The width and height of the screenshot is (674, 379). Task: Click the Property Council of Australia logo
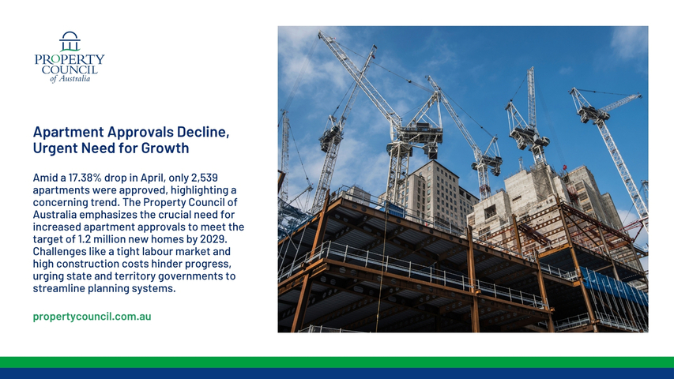coord(70,57)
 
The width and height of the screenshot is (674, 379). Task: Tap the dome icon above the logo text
coord(70,41)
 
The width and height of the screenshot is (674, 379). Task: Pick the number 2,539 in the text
coord(205,178)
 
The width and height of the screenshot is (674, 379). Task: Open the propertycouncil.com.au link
coord(92,317)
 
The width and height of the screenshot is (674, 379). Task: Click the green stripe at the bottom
coord(337,362)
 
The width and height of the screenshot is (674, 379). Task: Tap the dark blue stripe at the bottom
coord(337,373)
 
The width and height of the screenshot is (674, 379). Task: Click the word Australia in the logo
coord(74,79)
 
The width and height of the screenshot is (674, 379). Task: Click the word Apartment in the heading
coord(68,132)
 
